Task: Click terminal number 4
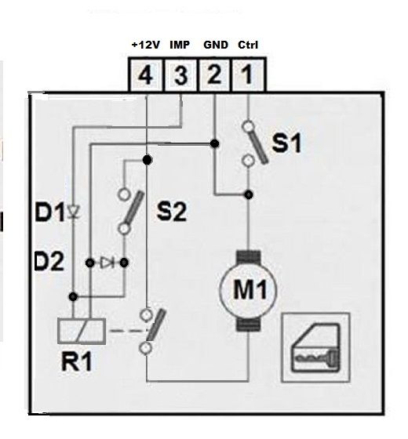coord(146,74)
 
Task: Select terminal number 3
coord(180,74)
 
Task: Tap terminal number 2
coord(214,74)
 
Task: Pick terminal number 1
coord(247,74)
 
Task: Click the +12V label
coord(146,45)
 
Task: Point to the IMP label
coord(180,45)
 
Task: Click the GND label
coord(216,45)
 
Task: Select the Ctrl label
coord(248,45)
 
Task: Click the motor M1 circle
coord(248,290)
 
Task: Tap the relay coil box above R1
coord(82,331)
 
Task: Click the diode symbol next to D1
coord(74,212)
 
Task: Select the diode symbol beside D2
coord(107,263)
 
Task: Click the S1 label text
coord(286,143)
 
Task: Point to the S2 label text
coord(172,212)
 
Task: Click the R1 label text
coord(77,361)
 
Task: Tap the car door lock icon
coord(315,347)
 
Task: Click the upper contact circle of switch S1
coord(248,126)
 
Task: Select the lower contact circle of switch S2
coord(124,229)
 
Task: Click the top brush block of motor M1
coord(248,257)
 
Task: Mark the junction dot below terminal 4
coord(148,160)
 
